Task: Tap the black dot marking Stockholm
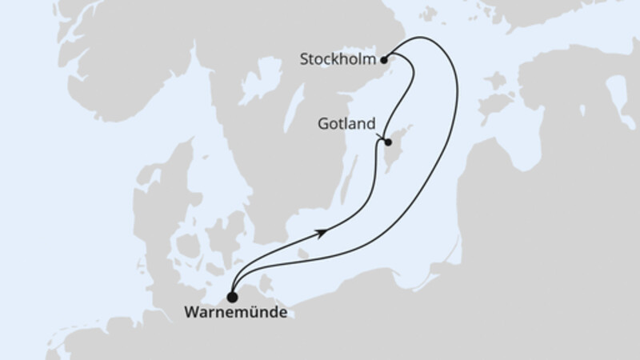[385, 58]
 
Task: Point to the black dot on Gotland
[387, 143]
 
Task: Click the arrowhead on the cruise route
[322, 232]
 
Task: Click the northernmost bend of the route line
[422, 37]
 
